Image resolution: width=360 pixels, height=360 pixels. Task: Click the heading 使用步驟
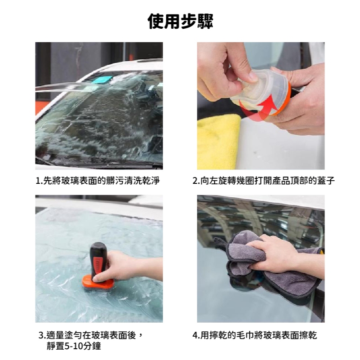pos(180,21)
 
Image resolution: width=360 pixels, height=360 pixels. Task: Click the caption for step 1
pos(98,181)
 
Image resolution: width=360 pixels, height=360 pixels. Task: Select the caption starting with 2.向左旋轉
pos(263,181)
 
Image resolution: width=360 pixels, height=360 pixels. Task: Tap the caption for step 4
pos(255,335)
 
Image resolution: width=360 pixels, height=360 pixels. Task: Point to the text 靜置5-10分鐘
pos(74,346)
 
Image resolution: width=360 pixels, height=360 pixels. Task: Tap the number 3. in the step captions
pos(43,335)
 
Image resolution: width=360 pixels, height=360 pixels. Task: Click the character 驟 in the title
pos(205,21)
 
